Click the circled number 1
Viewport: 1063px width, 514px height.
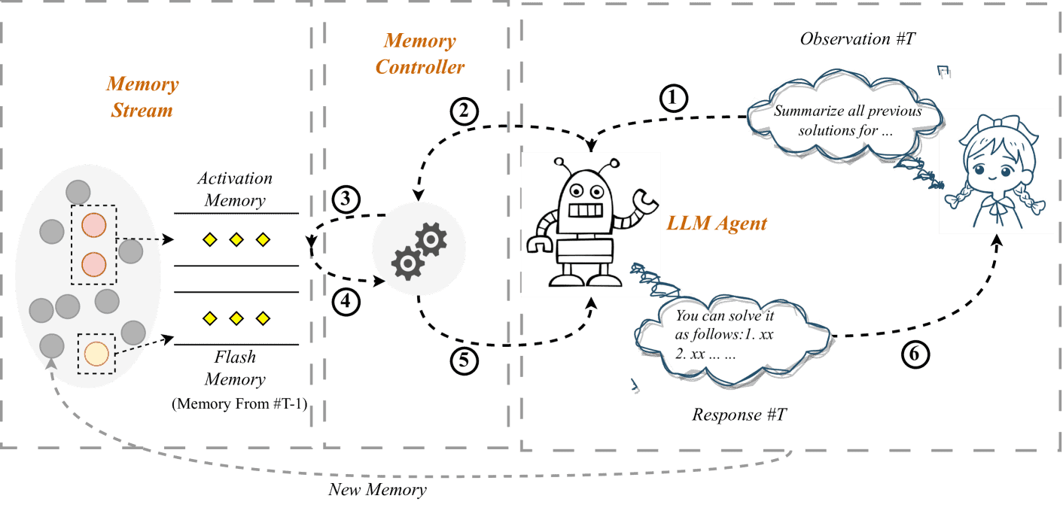point(674,96)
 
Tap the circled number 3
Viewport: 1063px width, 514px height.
point(345,199)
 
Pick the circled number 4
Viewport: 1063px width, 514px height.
point(345,302)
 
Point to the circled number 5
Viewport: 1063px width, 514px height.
point(464,360)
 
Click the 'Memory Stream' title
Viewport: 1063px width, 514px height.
point(142,97)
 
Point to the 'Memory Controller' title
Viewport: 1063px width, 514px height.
point(419,53)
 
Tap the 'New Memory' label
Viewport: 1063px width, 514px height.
point(377,490)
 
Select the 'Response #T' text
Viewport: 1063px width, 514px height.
point(739,415)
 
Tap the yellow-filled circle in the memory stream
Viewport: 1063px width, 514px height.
point(96,352)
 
